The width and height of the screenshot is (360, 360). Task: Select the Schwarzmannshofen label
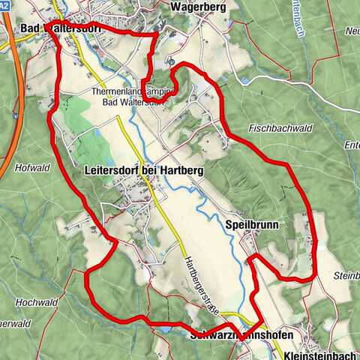point(241,333)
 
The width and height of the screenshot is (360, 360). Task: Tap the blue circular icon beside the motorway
point(14,116)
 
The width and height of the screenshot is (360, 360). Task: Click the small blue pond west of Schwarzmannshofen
point(163,328)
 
